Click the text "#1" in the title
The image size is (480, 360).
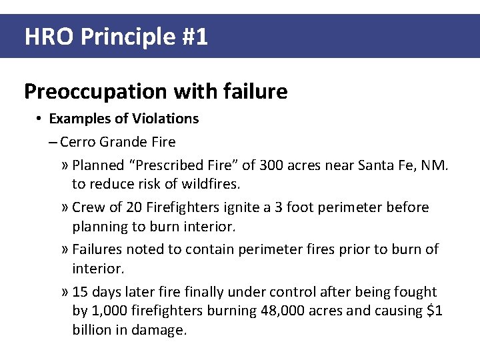[x=194, y=37]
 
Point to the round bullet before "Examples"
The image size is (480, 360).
[x=40, y=119]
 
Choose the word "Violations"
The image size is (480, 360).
[x=165, y=119]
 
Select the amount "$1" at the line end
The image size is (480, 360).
[x=434, y=311]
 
